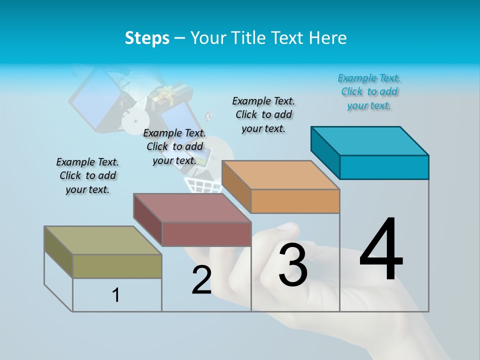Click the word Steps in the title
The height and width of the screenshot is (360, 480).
(x=147, y=38)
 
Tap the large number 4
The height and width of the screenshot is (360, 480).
(x=381, y=250)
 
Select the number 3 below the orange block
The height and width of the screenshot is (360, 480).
(x=293, y=265)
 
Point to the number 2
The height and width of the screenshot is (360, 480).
(x=202, y=280)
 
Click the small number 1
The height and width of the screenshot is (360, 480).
(x=116, y=295)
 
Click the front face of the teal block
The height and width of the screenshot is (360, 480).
(x=384, y=167)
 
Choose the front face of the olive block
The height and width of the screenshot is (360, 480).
(x=117, y=266)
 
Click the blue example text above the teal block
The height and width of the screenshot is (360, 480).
(x=369, y=92)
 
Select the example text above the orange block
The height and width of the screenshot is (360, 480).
(x=263, y=115)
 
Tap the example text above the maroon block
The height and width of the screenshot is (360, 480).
(x=174, y=147)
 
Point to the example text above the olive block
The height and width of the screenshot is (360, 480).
(x=87, y=176)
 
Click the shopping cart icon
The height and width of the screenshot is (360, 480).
(x=203, y=185)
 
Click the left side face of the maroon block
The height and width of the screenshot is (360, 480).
(x=148, y=220)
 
